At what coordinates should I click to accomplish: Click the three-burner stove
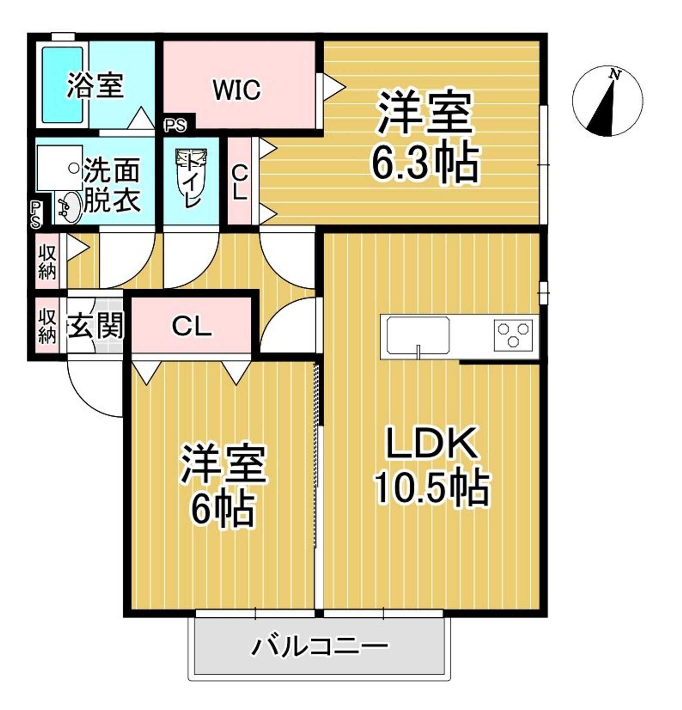[513, 335]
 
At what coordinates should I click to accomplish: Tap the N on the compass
[615, 75]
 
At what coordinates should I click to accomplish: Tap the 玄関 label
[96, 325]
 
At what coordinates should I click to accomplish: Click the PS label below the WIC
[175, 125]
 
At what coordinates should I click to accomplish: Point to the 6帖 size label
[223, 510]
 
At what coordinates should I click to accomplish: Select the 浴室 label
[96, 86]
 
